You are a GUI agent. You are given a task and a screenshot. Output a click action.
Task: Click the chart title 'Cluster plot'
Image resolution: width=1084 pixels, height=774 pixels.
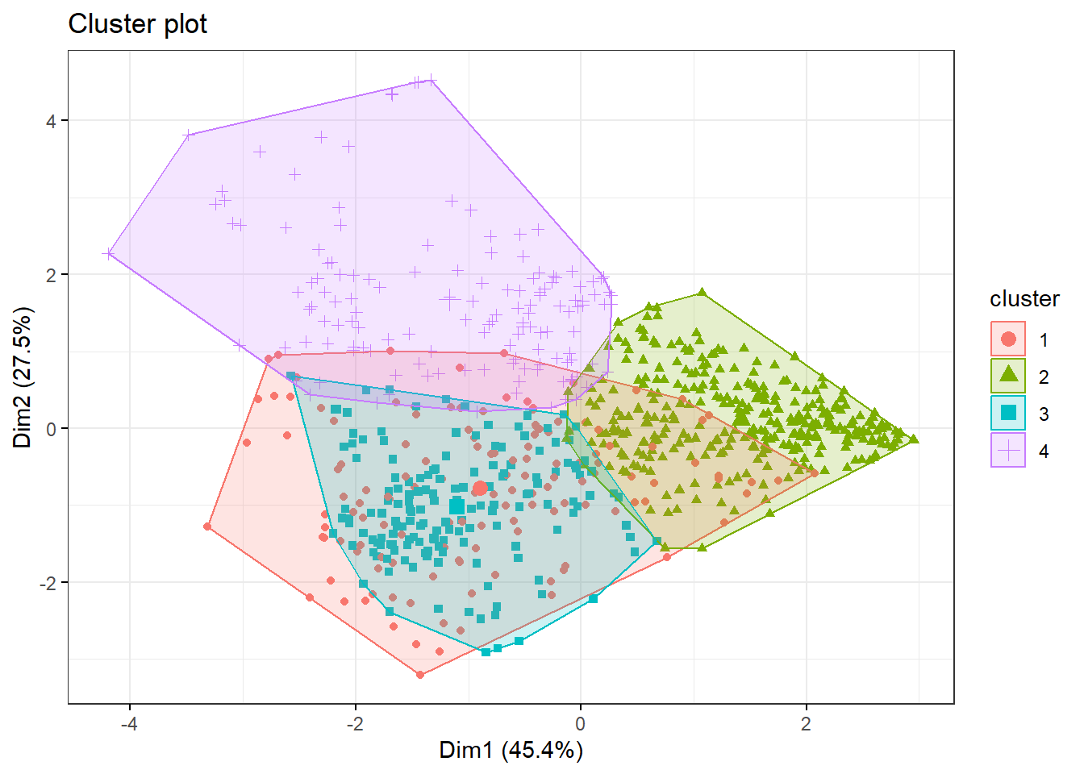coord(137,24)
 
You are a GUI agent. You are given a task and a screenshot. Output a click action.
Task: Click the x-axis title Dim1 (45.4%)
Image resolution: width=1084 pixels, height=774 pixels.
coord(511,750)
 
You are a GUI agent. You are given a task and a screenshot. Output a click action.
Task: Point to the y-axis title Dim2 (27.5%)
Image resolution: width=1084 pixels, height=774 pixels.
coord(23,377)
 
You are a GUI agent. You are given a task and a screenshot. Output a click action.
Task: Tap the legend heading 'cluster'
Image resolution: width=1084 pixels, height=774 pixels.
coord(1024,299)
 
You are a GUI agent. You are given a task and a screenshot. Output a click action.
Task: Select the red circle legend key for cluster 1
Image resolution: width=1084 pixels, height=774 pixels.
coord(1008,339)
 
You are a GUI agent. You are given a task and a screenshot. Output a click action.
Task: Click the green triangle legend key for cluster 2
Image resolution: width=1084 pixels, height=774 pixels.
coord(1008,376)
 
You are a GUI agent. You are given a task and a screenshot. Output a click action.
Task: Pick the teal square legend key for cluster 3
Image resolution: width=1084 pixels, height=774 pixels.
coord(1008,413)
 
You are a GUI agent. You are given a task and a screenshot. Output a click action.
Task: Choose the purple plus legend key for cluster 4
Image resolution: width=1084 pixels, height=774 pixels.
coord(1008,450)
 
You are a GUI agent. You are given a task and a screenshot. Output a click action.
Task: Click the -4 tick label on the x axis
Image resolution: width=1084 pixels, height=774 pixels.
coord(129,723)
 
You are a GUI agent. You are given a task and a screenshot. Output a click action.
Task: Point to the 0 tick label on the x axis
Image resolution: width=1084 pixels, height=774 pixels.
coord(581,723)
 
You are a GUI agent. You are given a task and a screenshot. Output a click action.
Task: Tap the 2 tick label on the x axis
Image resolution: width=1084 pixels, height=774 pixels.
coord(806,723)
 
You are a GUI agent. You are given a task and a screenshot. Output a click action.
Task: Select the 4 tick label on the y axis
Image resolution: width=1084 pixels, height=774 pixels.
coord(52,121)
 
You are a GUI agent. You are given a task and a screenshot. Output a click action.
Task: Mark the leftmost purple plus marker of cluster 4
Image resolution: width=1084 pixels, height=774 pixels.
coord(109,254)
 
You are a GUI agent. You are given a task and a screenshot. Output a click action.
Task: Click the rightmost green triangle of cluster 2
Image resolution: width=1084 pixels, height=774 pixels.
coord(914,439)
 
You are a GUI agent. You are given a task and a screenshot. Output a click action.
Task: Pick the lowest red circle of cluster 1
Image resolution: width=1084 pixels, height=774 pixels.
coord(419,674)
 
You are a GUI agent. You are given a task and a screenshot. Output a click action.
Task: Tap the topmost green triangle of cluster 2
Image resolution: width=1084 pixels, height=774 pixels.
coord(702,292)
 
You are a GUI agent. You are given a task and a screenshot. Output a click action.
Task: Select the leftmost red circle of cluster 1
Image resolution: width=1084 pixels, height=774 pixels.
coord(207,526)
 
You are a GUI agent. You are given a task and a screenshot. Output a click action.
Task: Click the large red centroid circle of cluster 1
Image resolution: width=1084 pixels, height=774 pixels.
coord(480,489)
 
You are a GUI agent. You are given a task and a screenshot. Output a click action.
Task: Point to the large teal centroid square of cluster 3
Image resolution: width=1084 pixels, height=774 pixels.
coord(457,506)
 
